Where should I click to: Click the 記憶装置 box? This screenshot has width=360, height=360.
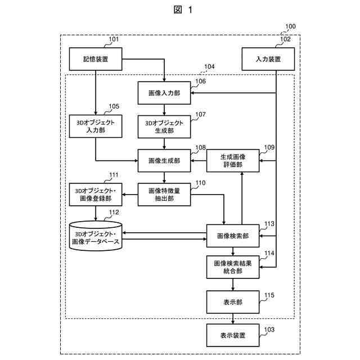96,59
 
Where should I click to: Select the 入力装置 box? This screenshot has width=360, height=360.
268,59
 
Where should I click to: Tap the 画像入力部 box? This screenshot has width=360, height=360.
164,93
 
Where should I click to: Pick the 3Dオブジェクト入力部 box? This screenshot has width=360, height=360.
96,126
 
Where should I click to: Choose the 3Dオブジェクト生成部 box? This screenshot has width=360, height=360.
164,127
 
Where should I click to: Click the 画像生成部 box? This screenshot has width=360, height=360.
164,160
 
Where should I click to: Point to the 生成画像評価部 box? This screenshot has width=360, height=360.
233,160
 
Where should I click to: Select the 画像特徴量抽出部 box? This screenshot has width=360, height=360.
164,195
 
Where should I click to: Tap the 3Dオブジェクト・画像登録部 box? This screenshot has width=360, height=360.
96,195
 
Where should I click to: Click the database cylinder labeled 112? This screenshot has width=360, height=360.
96,236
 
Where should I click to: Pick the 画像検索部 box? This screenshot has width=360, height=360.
233,236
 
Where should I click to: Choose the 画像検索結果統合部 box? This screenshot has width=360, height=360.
233,267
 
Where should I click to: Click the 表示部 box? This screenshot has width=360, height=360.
233,302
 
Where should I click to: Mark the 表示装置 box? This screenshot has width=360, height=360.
233,335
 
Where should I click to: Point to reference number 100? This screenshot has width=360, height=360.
290,26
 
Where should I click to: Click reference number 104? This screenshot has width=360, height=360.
209,66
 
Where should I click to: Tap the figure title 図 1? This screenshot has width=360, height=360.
183,10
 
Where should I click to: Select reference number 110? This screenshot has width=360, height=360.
200,183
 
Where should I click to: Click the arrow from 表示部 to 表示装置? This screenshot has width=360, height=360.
233,319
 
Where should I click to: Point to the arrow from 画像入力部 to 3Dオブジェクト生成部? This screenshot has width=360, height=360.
164,110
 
